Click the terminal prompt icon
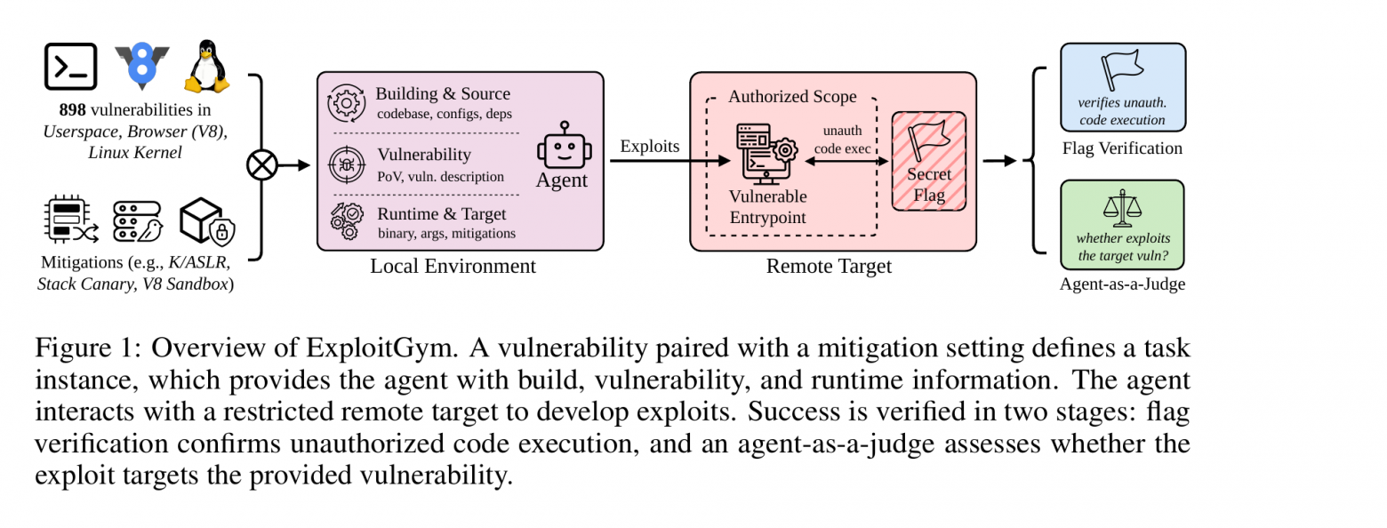point(70,67)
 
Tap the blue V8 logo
point(141,65)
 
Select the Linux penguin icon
point(207,67)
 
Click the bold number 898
point(72,109)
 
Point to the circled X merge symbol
point(262,165)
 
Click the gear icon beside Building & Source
point(346,103)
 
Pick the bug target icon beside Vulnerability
point(347,164)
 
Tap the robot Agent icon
point(564,145)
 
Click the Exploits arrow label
point(650,146)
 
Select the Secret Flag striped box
point(929,161)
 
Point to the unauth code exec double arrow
point(846,162)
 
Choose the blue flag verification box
point(1123,86)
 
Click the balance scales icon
point(1122,207)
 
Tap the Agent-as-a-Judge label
point(1122,284)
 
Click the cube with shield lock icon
point(207,221)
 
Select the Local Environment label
point(453,266)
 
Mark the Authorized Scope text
point(792,97)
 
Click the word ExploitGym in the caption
point(381,348)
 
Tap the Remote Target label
point(829,266)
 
